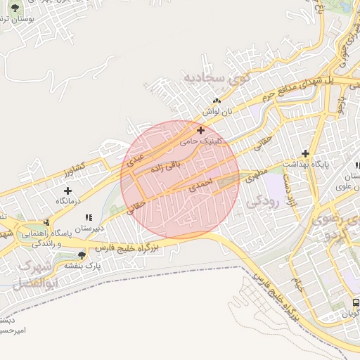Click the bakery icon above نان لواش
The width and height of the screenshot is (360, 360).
point(217,101)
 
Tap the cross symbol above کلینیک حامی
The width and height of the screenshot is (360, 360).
point(201,130)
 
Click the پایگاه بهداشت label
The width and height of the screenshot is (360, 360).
point(306,164)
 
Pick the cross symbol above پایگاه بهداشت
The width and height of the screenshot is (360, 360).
point(306,153)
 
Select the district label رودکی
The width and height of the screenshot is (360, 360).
point(264,200)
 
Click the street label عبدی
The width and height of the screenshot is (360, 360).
point(135,158)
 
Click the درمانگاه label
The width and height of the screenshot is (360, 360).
point(67,201)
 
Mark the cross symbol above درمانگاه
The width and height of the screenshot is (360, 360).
point(67,191)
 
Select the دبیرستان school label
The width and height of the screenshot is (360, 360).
point(89,229)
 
